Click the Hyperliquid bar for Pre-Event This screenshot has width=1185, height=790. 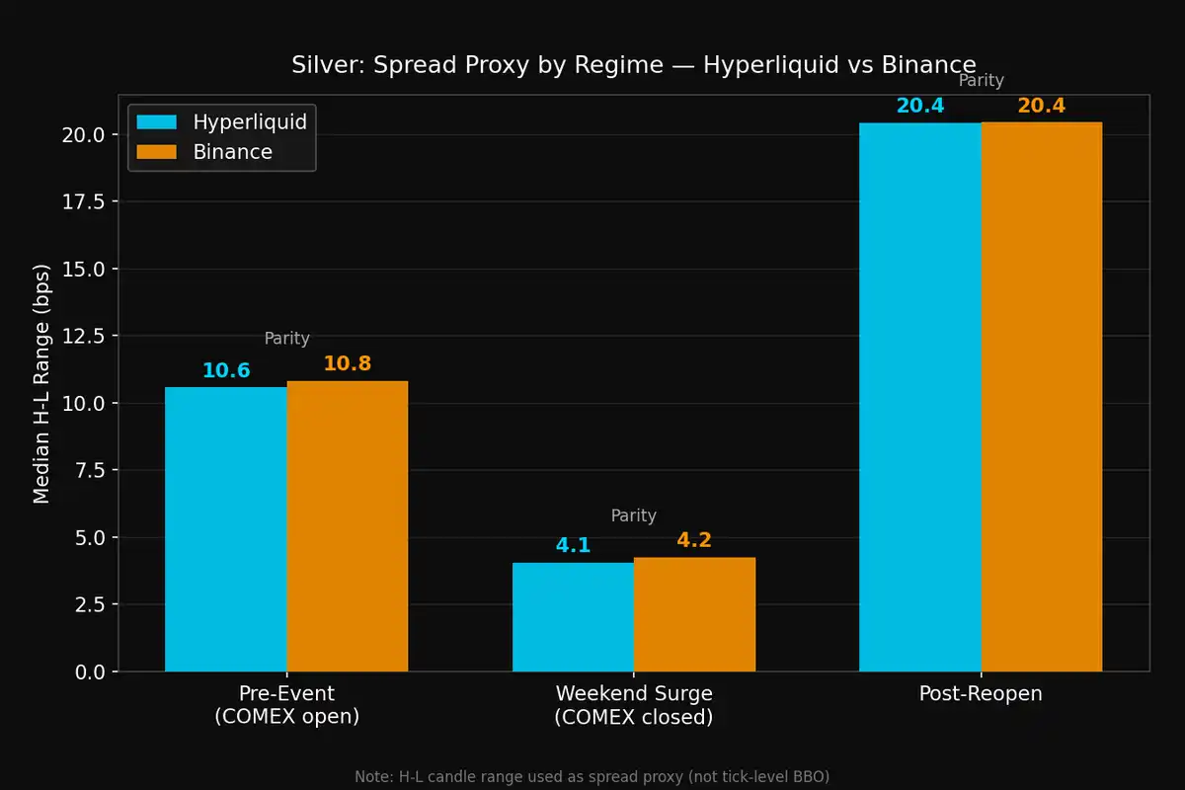225,529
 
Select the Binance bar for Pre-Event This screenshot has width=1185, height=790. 347,526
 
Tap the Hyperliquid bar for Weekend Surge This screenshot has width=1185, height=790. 573,617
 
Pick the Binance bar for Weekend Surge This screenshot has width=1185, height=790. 694,614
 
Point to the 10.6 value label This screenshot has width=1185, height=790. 226,371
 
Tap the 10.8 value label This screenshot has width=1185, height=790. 347,363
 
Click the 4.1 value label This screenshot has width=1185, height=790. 573,545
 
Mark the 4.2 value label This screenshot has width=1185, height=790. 694,540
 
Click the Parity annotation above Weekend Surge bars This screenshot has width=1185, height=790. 633,515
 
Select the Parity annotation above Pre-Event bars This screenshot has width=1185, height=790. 286,339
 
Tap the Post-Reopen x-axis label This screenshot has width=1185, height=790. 980,693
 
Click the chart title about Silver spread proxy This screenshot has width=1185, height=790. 633,65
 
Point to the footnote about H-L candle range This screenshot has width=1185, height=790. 592,777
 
